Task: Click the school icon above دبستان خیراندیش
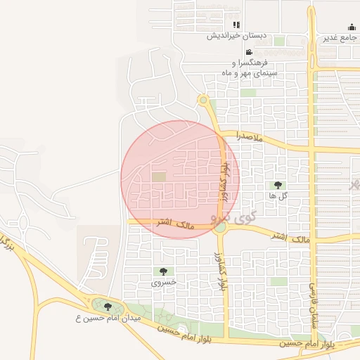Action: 236,25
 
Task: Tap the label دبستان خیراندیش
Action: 236,35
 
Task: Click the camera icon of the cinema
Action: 249,52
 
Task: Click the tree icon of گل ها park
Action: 278,186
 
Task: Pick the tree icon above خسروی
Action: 164,271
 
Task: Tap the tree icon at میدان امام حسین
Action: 108,307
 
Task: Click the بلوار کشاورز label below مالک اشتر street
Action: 221,271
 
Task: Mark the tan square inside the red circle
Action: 160,177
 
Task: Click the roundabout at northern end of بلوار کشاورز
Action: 204,101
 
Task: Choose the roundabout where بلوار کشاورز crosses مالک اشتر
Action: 220,226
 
